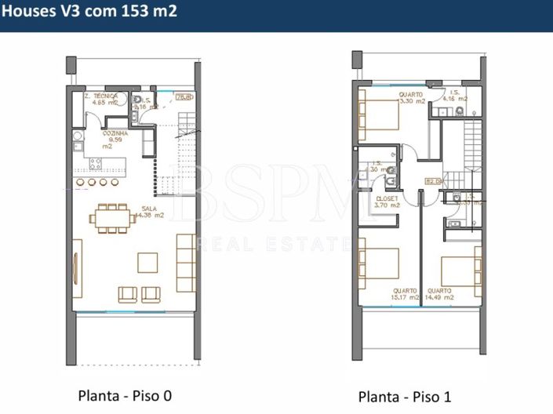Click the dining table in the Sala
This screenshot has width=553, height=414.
[x=115, y=220]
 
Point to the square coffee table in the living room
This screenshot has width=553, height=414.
[x=147, y=261]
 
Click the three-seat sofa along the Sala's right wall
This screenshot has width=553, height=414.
[x=186, y=262]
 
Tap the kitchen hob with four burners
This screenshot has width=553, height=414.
[x=96, y=164]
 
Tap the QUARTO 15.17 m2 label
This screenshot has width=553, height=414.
[x=406, y=293]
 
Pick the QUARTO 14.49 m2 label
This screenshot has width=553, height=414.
[x=440, y=293]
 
